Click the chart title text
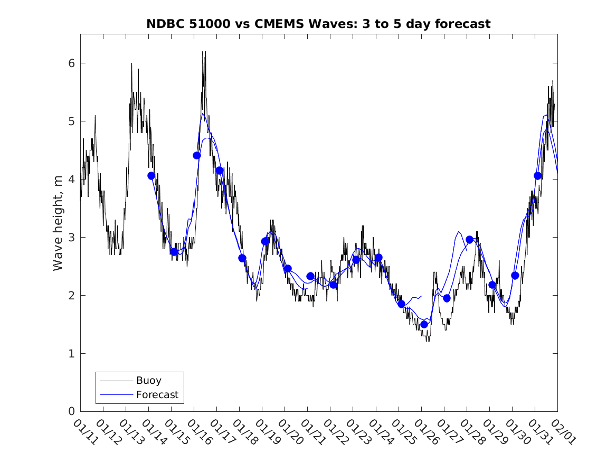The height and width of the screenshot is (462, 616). pos(318,24)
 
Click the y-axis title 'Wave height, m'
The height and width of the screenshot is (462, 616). pos(58,223)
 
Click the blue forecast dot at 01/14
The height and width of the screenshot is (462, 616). pos(151,176)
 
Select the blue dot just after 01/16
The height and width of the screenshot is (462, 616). pos(197,155)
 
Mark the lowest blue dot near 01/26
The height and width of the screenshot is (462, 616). pos(424,324)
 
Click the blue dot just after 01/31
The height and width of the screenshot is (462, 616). pos(537,176)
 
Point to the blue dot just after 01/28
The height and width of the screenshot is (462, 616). pos(469,240)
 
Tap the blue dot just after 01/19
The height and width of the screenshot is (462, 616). pos(265,241)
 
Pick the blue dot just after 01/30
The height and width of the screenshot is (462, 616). pos(515,276)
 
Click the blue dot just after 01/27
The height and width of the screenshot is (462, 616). pos(447,298)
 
